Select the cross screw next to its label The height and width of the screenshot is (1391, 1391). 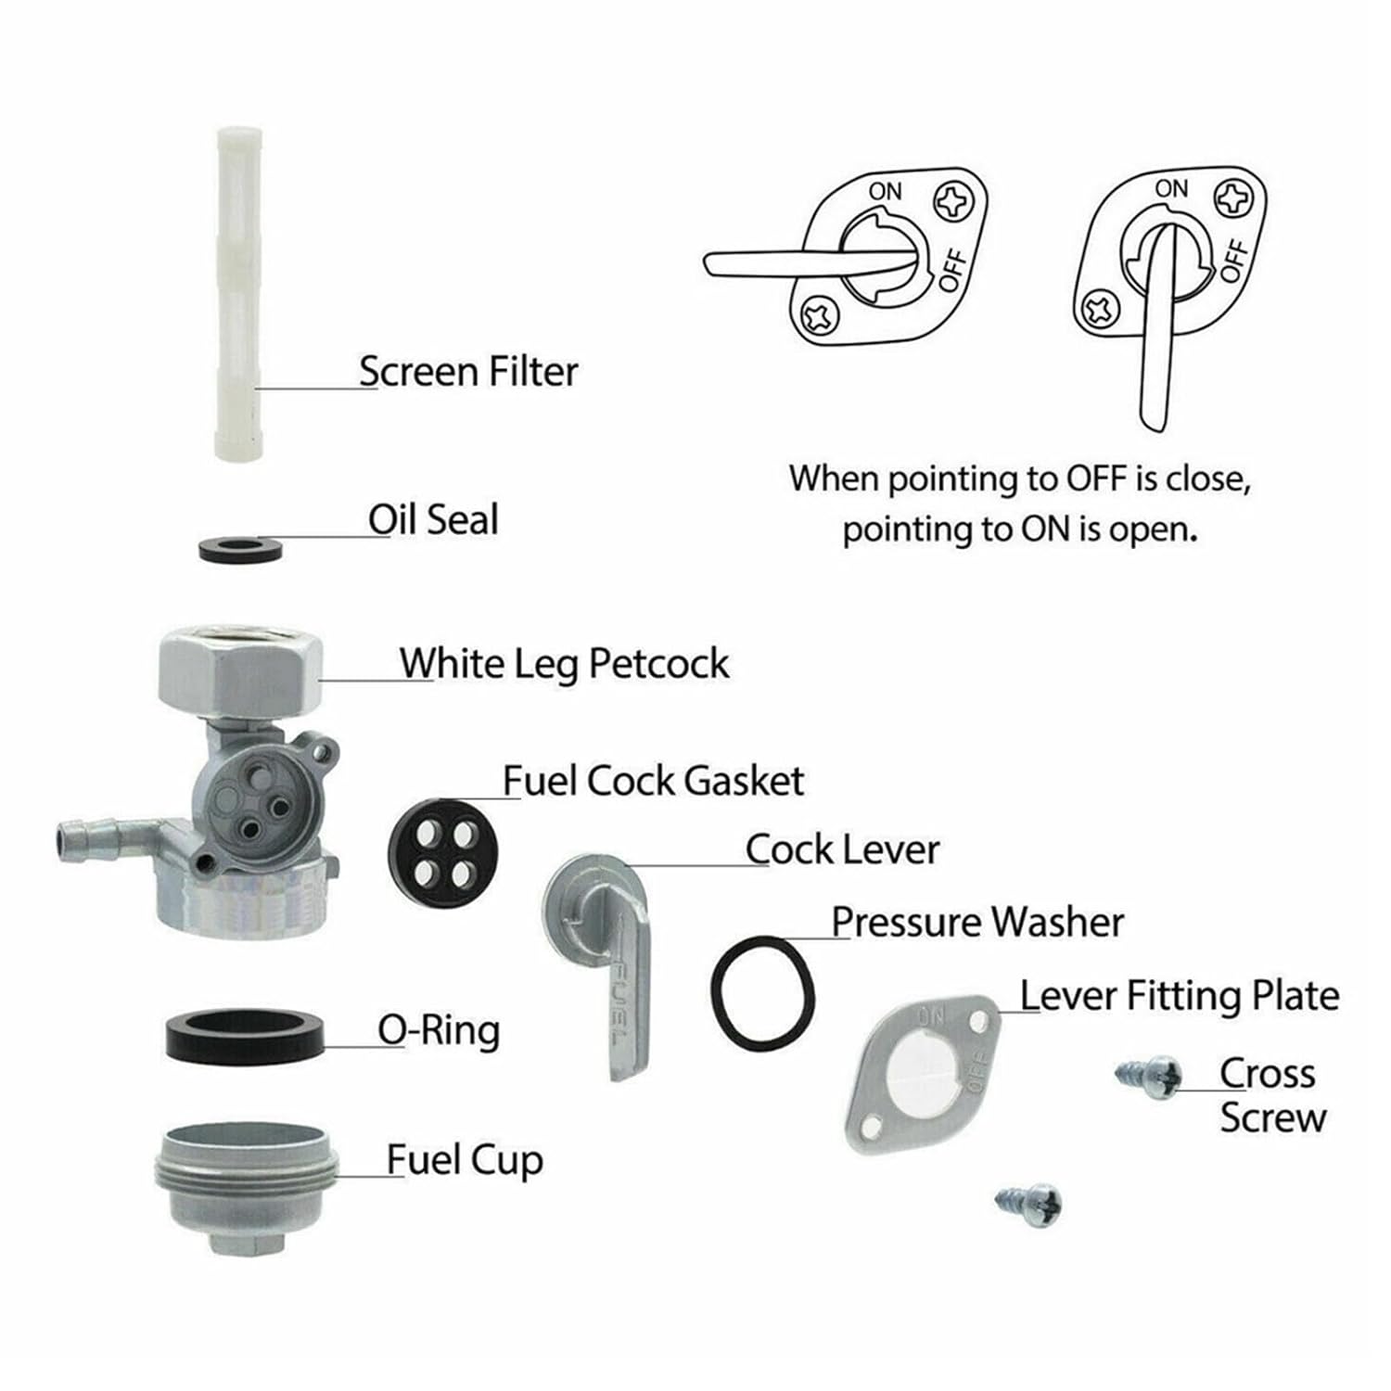pos(1150,1077)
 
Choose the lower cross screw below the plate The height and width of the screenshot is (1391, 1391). pos(1029,1203)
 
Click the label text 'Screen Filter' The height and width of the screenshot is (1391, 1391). pos(468,372)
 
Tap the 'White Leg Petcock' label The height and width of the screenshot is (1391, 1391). pos(564,664)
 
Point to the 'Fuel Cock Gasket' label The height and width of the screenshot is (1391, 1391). pos(653,781)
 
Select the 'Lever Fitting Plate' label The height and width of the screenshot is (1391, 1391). pos(1180,996)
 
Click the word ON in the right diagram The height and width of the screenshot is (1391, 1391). pos(1171,188)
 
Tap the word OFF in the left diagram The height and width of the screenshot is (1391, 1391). pos(954,271)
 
